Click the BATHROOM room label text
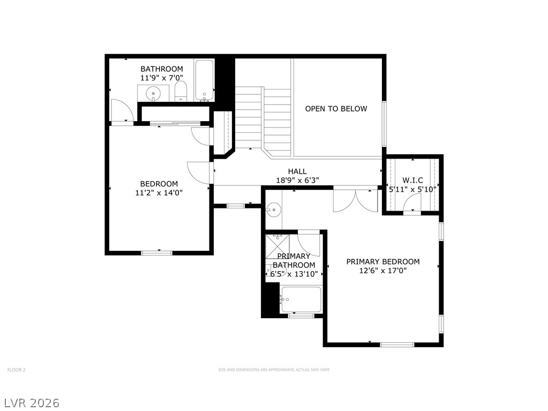click(x=161, y=69)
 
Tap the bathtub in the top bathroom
click(x=205, y=80)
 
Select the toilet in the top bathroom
click(x=181, y=91)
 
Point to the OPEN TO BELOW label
click(x=336, y=109)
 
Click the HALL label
click(x=297, y=171)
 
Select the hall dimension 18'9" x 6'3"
click(x=297, y=181)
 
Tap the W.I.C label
click(x=413, y=181)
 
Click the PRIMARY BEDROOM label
click(x=383, y=261)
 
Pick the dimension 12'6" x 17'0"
click(x=383, y=271)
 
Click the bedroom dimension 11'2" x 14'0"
click(x=159, y=192)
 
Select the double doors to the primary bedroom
click(x=356, y=200)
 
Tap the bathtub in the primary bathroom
click(x=301, y=300)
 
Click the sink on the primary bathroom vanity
click(x=273, y=210)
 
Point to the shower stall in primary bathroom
click(x=277, y=246)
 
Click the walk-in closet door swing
click(x=412, y=203)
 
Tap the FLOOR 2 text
click(x=17, y=369)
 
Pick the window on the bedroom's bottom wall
click(x=157, y=253)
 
